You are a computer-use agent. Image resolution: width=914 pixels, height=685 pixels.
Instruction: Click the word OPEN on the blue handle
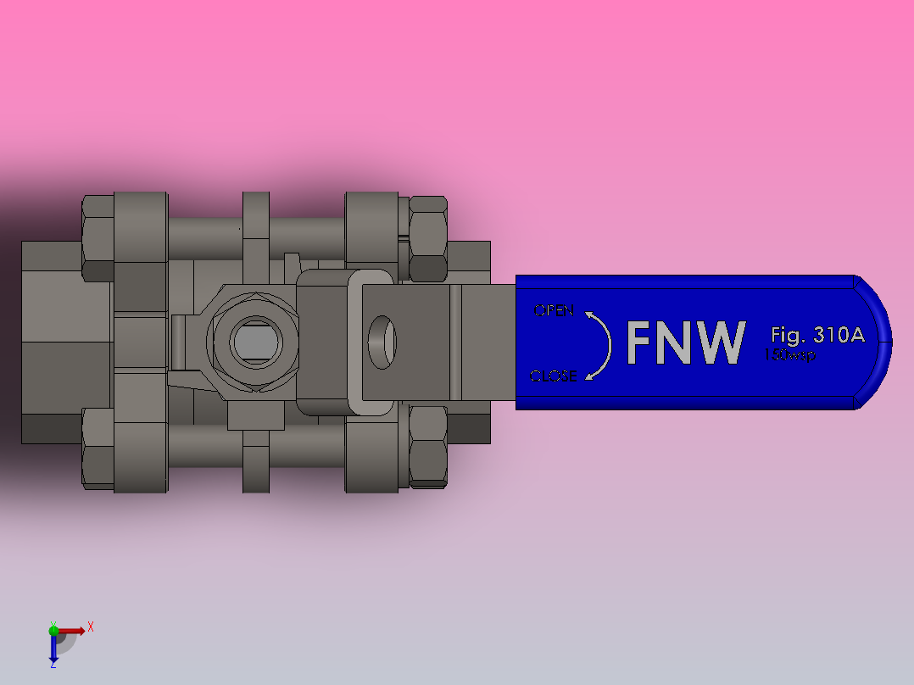[x=553, y=310]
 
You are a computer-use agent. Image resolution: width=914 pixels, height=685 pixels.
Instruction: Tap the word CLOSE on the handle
[x=552, y=376]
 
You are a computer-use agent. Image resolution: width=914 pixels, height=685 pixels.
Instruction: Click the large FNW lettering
[x=686, y=342]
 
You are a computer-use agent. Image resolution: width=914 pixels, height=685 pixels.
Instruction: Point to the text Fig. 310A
[x=817, y=334]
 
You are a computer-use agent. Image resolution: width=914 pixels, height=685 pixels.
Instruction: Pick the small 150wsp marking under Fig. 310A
[x=790, y=356]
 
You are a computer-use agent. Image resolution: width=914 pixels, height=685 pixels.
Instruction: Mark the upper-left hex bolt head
[x=98, y=238]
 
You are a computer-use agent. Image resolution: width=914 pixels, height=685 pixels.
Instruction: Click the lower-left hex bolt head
[x=98, y=448]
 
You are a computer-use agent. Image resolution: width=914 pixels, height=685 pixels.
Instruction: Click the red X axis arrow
[x=73, y=630]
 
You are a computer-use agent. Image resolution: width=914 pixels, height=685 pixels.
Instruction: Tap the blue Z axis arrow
[x=53, y=649]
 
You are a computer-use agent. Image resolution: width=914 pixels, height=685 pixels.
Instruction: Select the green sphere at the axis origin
[x=53, y=629]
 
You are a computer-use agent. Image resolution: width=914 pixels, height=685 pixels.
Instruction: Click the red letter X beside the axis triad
[x=90, y=627]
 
